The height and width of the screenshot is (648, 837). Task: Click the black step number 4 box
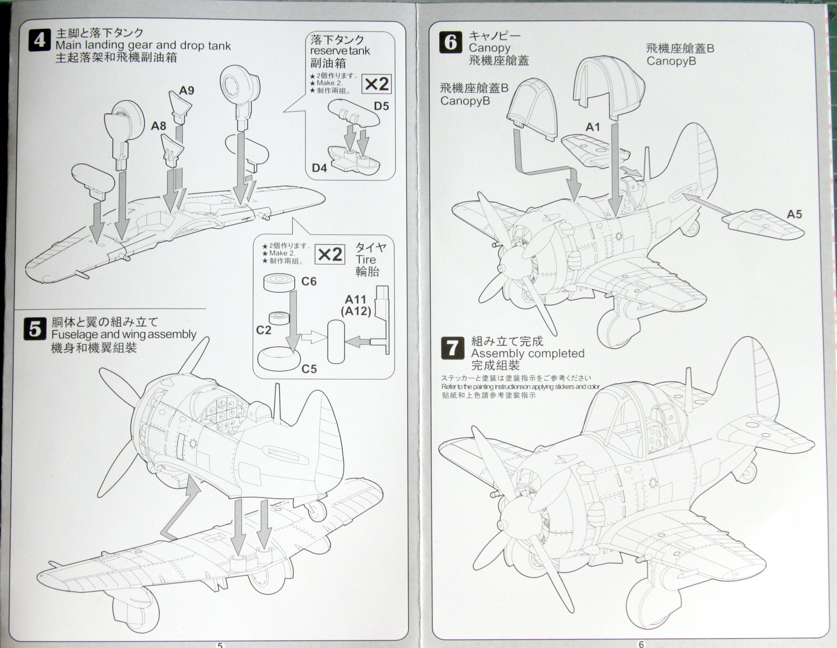pyautogui.click(x=40, y=40)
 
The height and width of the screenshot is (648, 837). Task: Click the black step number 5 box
pyautogui.click(x=35, y=329)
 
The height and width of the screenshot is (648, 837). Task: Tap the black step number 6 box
pyautogui.click(x=451, y=42)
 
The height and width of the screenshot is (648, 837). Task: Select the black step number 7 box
pyautogui.click(x=452, y=348)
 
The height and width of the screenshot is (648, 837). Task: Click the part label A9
pyautogui.click(x=186, y=90)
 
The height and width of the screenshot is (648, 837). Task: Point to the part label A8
pyautogui.click(x=158, y=126)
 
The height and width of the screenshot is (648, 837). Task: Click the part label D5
pyautogui.click(x=381, y=106)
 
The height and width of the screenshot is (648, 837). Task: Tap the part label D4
pyautogui.click(x=319, y=167)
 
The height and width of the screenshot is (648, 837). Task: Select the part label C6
pyautogui.click(x=309, y=281)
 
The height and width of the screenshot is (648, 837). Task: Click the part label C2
pyautogui.click(x=264, y=330)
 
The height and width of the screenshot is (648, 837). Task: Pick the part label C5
pyautogui.click(x=309, y=369)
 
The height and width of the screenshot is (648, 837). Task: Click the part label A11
pyautogui.click(x=356, y=299)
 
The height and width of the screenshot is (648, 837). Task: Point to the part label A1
pyautogui.click(x=593, y=127)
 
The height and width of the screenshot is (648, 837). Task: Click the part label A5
pyautogui.click(x=794, y=214)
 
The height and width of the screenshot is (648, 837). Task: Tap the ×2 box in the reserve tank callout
pyautogui.click(x=377, y=84)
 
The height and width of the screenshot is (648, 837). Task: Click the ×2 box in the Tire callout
pyautogui.click(x=330, y=254)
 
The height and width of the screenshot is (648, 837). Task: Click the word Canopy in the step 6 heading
pyautogui.click(x=489, y=48)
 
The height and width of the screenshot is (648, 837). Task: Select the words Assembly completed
pyautogui.click(x=528, y=353)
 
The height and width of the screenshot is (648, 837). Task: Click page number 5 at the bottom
pyautogui.click(x=220, y=645)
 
